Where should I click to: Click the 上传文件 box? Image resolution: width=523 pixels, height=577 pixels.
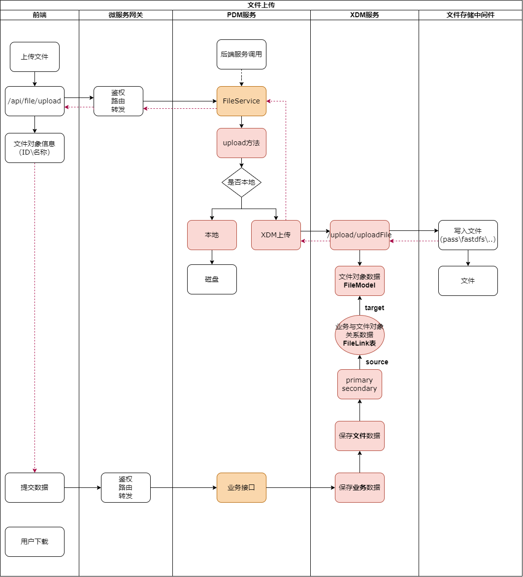point(34,57)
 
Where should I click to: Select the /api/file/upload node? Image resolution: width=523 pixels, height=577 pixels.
point(34,101)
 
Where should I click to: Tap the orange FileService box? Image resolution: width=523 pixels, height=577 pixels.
point(241,101)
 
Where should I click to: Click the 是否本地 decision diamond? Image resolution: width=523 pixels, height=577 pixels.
point(241,182)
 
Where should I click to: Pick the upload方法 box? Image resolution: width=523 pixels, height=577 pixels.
point(241,143)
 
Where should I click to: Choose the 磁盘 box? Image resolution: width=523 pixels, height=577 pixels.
point(212,279)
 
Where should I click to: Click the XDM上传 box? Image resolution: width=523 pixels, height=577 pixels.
point(276,235)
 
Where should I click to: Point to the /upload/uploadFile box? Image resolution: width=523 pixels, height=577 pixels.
point(360,235)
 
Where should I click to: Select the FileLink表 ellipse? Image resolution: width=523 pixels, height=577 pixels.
point(360,335)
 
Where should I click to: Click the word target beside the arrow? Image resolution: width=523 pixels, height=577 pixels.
point(374,308)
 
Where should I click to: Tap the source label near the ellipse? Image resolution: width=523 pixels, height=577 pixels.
point(377,362)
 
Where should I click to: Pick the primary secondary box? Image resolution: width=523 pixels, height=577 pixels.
point(360,384)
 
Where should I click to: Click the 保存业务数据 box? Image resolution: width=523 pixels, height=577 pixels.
point(360,487)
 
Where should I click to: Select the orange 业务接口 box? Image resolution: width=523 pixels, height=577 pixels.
point(241,487)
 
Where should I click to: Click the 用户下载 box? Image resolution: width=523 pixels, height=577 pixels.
point(34,542)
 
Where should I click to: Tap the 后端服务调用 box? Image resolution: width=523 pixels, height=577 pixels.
point(241,54)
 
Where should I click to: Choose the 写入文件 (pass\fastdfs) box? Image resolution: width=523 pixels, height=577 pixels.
point(468,235)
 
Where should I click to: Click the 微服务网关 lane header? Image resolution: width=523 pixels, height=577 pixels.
point(126,15)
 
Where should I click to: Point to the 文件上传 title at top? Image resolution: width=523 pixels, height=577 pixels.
point(261,5)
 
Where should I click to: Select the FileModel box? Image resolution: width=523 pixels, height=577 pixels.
point(360,281)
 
